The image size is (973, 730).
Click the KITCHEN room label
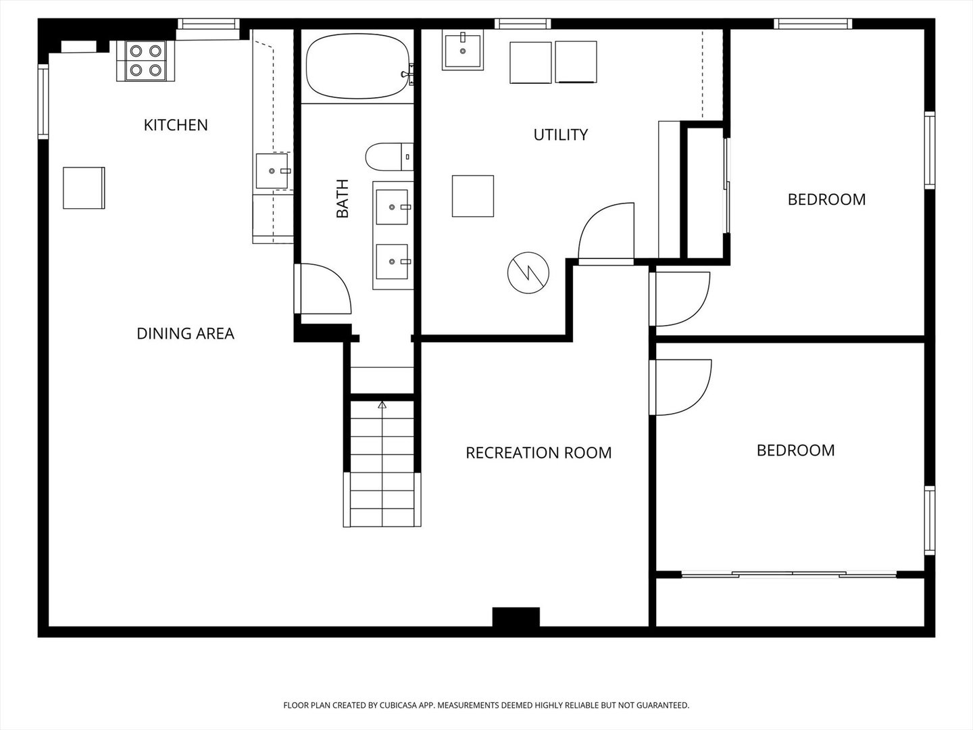pyautogui.click(x=176, y=125)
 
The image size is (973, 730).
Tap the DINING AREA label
pyautogui.click(x=185, y=333)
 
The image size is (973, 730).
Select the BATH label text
pyautogui.click(x=342, y=199)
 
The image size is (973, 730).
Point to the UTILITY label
pyautogui.click(x=561, y=135)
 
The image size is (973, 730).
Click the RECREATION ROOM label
pyautogui.click(x=539, y=453)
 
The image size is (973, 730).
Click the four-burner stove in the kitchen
pyautogui.click(x=145, y=61)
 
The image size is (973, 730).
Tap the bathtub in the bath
pyautogui.click(x=357, y=66)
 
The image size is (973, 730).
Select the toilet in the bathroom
pyautogui.click(x=389, y=156)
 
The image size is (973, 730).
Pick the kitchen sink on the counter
pyautogui.click(x=272, y=171)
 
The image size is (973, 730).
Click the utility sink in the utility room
pyautogui.click(x=463, y=51)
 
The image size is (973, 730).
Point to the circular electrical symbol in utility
pyautogui.click(x=528, y=272)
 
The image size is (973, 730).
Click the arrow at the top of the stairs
pyautogui.click(x=382, y=405)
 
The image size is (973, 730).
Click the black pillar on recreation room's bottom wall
pyautogui.click(x=516, y=616)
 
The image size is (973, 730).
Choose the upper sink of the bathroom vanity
pyautogui.click(x=392, y=207)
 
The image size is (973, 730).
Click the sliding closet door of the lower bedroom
pyautogui.click(x=789, y=575)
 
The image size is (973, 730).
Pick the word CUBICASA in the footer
pyautogui.click(x=399, y=705)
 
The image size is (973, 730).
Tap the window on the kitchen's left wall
pyautogui.click(x=43, y=101)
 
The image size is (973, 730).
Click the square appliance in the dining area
pyautogui.click(x=84, y=188)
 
